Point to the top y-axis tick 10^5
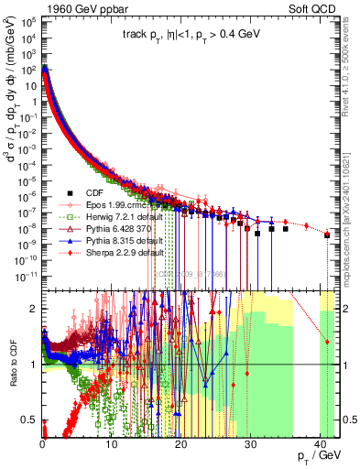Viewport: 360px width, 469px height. click(x=27, y=18)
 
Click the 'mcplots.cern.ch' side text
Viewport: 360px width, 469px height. click(x=352, y=248)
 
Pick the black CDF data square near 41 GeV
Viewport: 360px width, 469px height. click(x=327, y=235)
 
